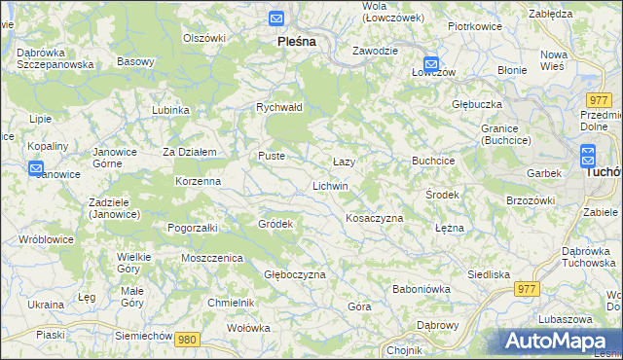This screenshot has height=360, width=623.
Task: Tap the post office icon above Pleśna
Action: (276, 18)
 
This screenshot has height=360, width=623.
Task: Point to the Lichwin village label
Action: (330, 185)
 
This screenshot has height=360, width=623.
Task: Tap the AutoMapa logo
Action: (562, 342)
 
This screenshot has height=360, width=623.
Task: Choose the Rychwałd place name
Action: (279, 107)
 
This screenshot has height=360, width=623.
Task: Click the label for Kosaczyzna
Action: (375, 218)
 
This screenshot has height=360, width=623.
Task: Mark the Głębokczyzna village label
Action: (295, 274)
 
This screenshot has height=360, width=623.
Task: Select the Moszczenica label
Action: (211, 258)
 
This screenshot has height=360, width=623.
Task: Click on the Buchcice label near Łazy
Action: (433, 160)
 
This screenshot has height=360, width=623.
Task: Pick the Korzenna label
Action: (198, 181)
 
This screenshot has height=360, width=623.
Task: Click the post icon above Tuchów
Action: (588, 154)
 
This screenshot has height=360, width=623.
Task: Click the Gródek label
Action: (275, 224)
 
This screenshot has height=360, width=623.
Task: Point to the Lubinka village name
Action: (170, 110)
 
